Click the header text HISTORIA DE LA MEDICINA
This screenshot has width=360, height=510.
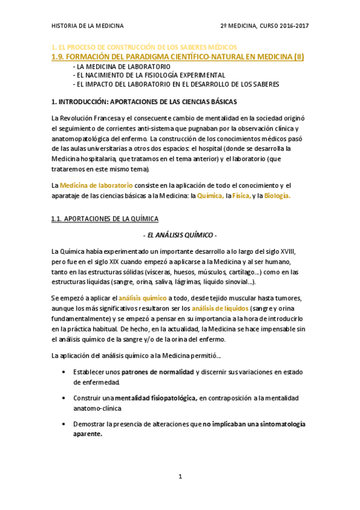pyautogui.click(x=88, y=26)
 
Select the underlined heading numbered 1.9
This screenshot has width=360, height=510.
pyautogui.click(x=178, y=57)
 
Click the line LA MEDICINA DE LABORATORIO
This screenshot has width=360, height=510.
pyautogui.click(x=121, y=66)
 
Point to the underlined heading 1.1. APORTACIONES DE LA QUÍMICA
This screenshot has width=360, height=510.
pyautogui.click(x=105, y=220)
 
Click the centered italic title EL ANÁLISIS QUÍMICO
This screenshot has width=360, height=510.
pyautogui.click(x=180, y=235)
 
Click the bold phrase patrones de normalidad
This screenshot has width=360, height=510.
pyautogui.click(x=158, y=372)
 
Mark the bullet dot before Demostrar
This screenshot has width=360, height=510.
pyautogui.click(x=64, y=424)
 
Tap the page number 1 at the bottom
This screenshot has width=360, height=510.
pyautogui.click(x=180, y=477)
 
